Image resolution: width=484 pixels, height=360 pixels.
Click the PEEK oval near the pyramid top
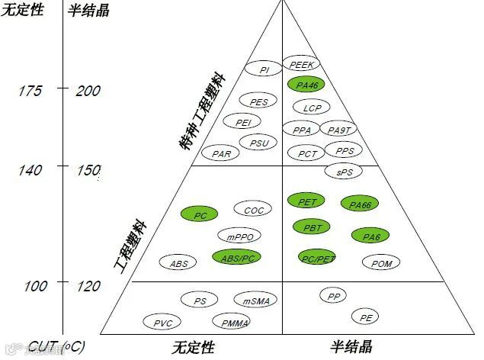coord(301,64)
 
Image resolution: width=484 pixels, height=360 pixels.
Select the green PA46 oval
coord(306,85)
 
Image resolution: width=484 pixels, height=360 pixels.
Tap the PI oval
coord(264,70)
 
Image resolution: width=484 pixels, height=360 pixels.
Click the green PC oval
coord(200,216)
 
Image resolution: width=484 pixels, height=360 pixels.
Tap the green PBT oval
coord(312,227)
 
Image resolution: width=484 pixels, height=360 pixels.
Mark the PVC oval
coord(162,323)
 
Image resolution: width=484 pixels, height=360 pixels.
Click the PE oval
coord(366,317)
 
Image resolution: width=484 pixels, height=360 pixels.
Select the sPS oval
coord(345,172)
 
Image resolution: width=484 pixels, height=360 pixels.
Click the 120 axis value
coord(88,286)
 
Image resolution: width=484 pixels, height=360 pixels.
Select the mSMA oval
coord(255,301)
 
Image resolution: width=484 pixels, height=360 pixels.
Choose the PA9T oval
coord(338,130)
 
